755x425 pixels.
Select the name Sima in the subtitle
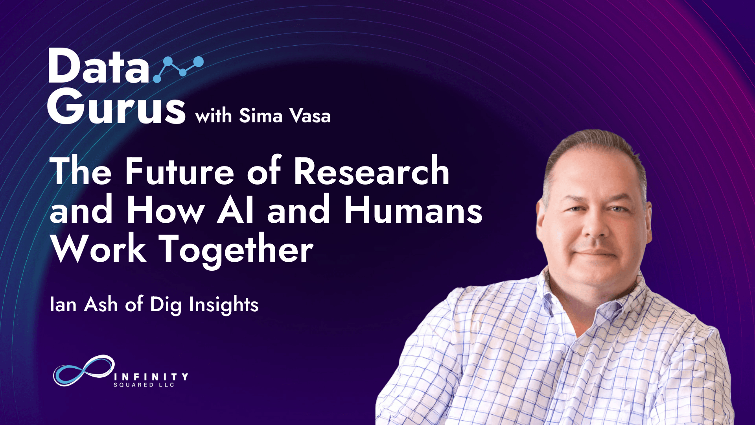[261, 116]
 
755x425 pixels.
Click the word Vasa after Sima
[310, 116]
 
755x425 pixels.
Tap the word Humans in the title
[413, 209]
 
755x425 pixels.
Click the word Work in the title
[99, 249]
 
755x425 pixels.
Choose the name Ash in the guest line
[101, 305]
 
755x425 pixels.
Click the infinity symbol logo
[84, 370]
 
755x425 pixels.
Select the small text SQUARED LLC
[144, 385]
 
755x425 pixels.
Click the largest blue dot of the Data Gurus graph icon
[198, 62]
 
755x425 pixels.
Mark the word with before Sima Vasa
[214, 116]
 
